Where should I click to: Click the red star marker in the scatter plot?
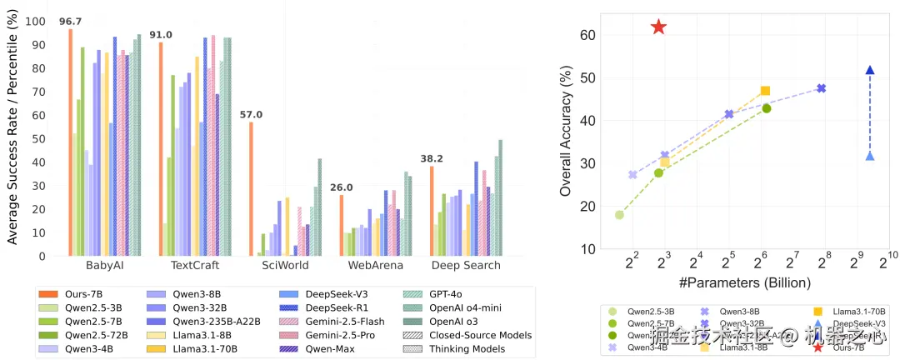point(658,27)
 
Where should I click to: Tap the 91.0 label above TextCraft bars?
point(160,34)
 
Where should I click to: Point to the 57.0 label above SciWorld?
point(251,114)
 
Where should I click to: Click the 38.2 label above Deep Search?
point(432,158)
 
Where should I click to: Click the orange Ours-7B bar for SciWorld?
point(251,188)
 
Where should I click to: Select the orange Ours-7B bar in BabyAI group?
point(71,142)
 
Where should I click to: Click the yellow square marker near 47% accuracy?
point(765,91)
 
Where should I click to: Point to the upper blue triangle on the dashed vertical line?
point(870,71)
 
